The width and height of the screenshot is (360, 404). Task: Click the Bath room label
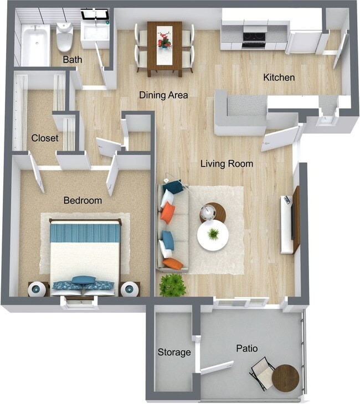coord(72,59)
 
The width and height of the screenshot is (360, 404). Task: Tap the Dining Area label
coord(163,95)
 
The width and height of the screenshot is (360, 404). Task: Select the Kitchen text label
coord(279,77)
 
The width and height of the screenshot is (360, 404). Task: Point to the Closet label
coord(45,138)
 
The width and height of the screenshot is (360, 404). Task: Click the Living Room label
coord(227,164)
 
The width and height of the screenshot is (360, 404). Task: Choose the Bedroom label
coord(83,200)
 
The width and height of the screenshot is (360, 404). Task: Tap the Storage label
coord(174,352)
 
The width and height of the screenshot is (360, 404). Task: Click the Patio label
coord(246,349)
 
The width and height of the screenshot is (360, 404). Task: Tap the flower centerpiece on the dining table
coord(164,39)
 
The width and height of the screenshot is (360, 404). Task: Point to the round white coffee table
coord(213,235)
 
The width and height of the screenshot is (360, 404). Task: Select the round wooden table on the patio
coord(285,378)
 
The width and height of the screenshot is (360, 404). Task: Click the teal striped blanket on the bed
coord(85,232)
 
